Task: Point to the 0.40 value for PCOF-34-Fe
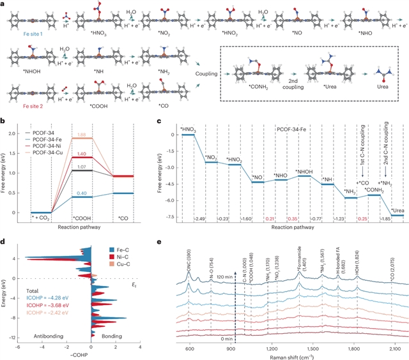click(x=81, y=192)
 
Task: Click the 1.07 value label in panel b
click(x=81, y=167)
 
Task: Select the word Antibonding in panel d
click(x=36, y=336)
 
